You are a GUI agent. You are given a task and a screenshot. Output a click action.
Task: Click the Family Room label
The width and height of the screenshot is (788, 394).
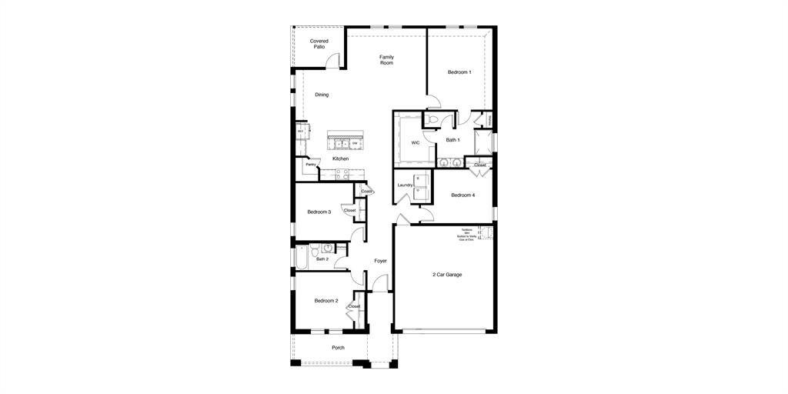click(386, 60)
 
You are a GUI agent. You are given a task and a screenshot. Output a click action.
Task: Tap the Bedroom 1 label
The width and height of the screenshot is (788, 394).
click(459, 72)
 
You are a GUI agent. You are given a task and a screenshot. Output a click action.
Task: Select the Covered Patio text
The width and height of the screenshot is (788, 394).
click(319, 44)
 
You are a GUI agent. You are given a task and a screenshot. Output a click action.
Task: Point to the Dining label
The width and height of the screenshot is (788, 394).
click(322, 95)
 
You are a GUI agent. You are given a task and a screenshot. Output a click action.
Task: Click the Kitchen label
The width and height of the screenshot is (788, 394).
click(340, 159)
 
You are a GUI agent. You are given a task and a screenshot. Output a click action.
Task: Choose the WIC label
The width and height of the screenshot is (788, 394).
click(415, 142)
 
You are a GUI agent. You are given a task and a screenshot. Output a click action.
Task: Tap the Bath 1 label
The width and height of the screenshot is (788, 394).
click(452, 140)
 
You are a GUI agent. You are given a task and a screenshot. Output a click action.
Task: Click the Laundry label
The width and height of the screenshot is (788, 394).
click(406, 185)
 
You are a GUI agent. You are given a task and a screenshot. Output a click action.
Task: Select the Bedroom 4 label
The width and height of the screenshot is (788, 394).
click(462, 195)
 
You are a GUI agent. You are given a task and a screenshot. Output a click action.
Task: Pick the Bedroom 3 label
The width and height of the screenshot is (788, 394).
click(319, 212)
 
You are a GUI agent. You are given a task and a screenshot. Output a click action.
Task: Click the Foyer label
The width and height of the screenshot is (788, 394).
click(380, 261)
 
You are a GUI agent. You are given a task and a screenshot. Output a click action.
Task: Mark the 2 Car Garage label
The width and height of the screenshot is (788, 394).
click(447, 274)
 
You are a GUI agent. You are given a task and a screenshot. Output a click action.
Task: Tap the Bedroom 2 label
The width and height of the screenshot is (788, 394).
click(326, 301)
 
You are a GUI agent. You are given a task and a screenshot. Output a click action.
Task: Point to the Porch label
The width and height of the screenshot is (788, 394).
click(338, 348)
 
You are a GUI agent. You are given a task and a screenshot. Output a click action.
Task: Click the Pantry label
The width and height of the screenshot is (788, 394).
click(311, 165)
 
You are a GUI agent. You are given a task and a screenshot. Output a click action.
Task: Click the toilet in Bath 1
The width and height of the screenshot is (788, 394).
click(432, 120)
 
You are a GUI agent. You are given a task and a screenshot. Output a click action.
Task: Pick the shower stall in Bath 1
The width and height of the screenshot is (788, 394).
click(482, 142)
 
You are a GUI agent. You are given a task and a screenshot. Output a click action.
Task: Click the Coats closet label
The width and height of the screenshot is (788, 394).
click(366, 192)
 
